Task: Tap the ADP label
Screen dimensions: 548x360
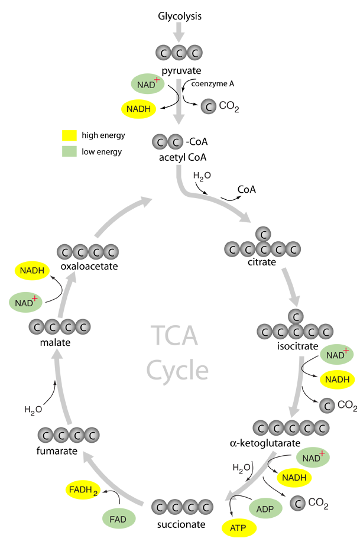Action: [x=264, y=508]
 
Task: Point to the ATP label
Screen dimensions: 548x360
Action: [x=238, y=528]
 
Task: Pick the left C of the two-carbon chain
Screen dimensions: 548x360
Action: [x=160, y=142]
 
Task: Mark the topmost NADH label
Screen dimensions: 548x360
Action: [x=139, y=109]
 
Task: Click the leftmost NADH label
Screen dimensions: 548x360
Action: [x=33, y=271]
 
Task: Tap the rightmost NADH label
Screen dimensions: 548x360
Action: [x=338, y=380]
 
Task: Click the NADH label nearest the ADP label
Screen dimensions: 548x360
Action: [x=294, y=478]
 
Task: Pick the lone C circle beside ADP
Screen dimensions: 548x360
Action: [x=298, y=504]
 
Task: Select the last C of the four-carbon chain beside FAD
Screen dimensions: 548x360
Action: [x=206, y=507]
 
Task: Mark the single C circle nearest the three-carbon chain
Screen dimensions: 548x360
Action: [x=207, y=107]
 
